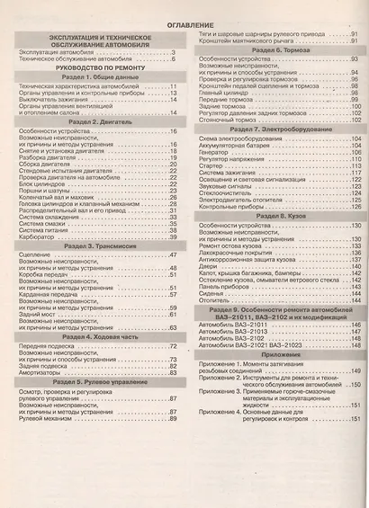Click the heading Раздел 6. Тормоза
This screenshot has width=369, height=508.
(x=274, y=52)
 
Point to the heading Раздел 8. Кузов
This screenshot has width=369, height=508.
(x=274, y=216)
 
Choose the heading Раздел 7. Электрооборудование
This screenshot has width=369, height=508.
(x=274, y=129)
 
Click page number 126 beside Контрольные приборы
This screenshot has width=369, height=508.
(x=355, y=205)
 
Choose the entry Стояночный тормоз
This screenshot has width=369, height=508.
(x=222, y=120)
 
